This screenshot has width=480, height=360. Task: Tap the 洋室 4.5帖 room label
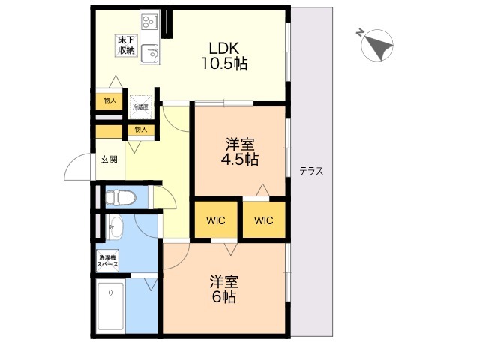[x=239, y=151]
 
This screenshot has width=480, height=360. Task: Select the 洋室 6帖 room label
[x=223, y=289]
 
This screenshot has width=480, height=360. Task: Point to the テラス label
[x=311, y=171]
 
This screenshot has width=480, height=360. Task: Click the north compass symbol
[x=377, y=45]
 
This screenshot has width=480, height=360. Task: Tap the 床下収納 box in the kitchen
[x=125, y=44]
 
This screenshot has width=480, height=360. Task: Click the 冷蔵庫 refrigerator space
[x=141, y=106]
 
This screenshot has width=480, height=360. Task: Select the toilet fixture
[x=120, y=198]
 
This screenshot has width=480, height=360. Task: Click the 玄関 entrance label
[x=109, y=160]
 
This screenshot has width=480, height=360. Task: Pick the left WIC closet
[x=216, y=220]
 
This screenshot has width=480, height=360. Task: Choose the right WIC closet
[x=263, y=220]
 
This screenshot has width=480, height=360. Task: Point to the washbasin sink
[x=114, y=226]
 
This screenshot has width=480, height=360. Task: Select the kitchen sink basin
[x=149, y=53]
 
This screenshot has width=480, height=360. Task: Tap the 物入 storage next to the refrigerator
[x=109, y=100]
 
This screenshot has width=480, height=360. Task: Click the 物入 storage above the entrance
[x=140, y=130]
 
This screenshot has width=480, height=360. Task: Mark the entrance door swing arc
[x=78, y=169]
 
